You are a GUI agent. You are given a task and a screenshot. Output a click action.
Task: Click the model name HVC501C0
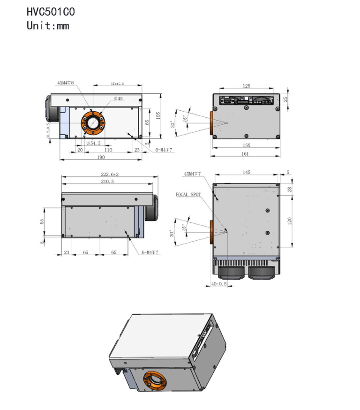pos(50,11)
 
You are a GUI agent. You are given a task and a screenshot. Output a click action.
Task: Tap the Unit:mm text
pos(48,25)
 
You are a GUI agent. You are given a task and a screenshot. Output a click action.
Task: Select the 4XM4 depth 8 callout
pos(66,83)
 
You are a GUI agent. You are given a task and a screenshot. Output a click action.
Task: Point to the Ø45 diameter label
pos(118,99)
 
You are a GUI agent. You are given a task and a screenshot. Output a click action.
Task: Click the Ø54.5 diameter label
pos(93,143)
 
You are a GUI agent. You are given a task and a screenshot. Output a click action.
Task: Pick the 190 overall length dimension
pos(101,157)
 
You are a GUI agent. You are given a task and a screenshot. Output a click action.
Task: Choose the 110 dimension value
pos(108,150)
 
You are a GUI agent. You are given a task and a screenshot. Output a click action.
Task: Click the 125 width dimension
pos(247,86)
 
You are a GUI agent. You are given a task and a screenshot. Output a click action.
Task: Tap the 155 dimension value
pos(246,145)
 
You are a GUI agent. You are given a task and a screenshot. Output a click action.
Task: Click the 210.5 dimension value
pos(108,181)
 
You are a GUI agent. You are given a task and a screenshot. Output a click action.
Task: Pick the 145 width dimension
pos(247,173)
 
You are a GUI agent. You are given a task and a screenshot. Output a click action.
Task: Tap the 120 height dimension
pos(289,220)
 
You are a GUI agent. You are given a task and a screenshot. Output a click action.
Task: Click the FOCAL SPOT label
pos(188,194)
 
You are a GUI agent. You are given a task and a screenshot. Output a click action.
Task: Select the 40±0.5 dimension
pos(219,284)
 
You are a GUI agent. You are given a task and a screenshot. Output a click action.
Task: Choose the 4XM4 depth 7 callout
pos(192,174)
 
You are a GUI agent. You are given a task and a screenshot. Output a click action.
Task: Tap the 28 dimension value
pos(289,189)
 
